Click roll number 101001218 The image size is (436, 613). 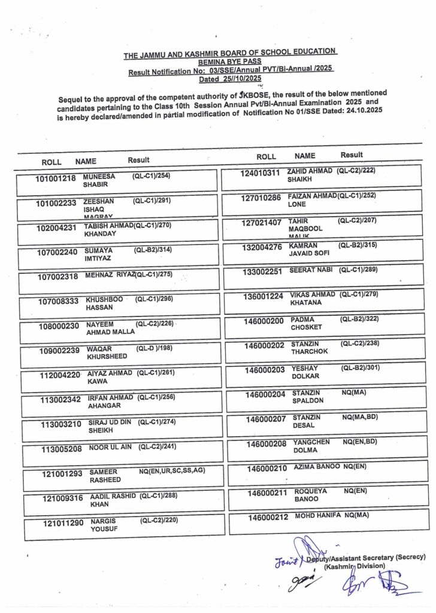56,178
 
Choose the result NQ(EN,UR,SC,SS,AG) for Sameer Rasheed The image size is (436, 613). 172,471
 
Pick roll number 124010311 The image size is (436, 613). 261,174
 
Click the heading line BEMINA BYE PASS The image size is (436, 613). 231,62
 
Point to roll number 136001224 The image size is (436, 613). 264,297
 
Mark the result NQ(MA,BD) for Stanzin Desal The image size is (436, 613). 360,417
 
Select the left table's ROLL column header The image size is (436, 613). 52,162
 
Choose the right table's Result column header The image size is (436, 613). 352,155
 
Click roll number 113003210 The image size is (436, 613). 60,425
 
